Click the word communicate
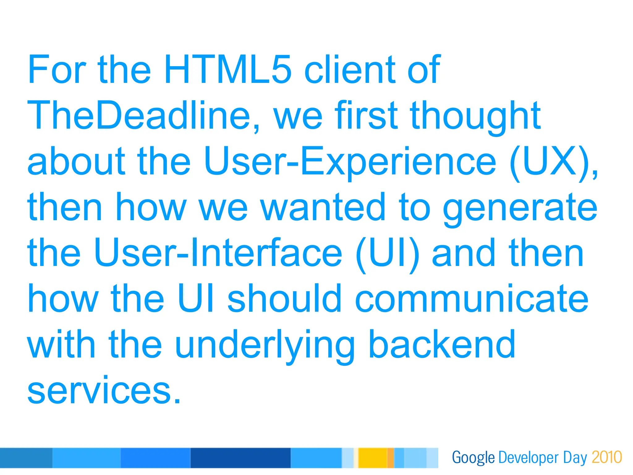[x=472, y=299]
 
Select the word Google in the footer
[x=473, y=458]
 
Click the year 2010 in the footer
[x=607, y=457]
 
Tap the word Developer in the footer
[x=528, y=458]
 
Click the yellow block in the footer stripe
[x=372, y=458]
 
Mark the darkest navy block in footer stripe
[x=240, y=458]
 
